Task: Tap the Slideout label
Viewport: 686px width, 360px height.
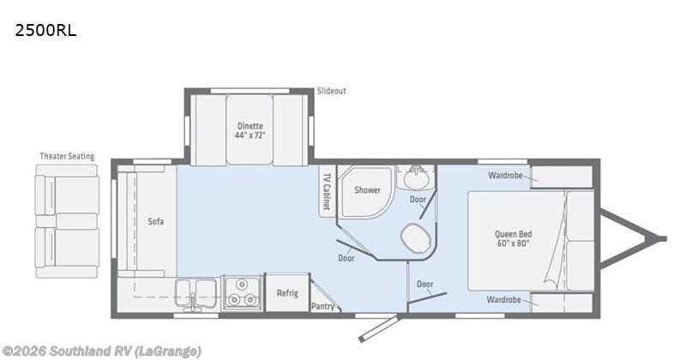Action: (x=331, y=91)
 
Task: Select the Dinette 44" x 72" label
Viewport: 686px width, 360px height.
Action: (x=250, y=130)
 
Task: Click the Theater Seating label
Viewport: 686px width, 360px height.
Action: (x=67, y=156)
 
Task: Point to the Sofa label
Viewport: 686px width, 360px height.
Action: (x=154, y=221)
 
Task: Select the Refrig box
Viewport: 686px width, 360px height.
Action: (x=286, y=293)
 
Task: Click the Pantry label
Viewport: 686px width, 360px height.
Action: (x=322, y=305)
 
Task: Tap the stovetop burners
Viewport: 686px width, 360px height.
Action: (x=242, y=294)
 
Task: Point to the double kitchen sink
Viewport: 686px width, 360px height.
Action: (x=196, y=291)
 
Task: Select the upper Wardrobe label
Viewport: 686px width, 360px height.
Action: (x=504, y=176)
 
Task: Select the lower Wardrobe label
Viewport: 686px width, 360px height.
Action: (x=504, y=300)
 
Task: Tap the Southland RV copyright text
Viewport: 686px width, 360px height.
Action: (x=102, y=351)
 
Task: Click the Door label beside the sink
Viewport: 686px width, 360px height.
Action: (x=418, y=199)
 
